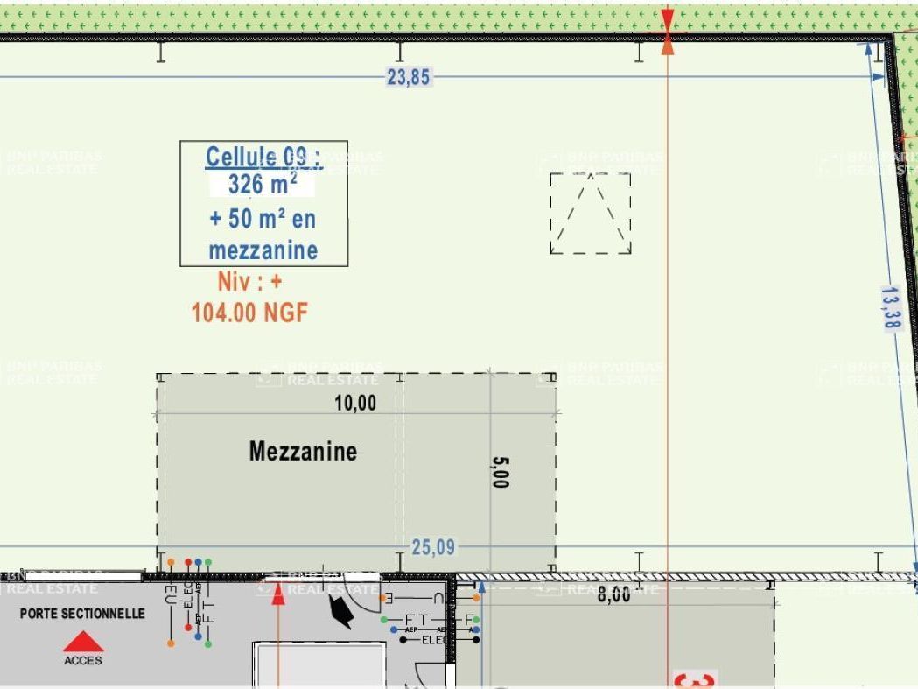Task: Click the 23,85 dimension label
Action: pos(409,77)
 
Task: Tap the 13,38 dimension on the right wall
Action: pos(891,307)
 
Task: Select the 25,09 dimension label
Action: pos(433,547)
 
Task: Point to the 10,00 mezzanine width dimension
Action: pos(355,403)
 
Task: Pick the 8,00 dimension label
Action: pos(613,594)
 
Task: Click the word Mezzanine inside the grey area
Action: pos(303,451)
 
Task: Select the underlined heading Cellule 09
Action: pos(263,158)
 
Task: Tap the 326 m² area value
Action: pos(262,185)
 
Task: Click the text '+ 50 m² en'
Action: pos(263,218)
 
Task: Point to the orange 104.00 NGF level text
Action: pos(249,313)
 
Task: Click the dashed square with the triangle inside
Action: pos(591,214)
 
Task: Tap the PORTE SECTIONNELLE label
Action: pos(82,614)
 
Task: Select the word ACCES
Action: pos(82,661)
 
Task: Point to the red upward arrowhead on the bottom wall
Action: pos(278,594)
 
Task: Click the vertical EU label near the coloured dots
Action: pos(170,594)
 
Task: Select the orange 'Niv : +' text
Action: pos(249,282)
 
